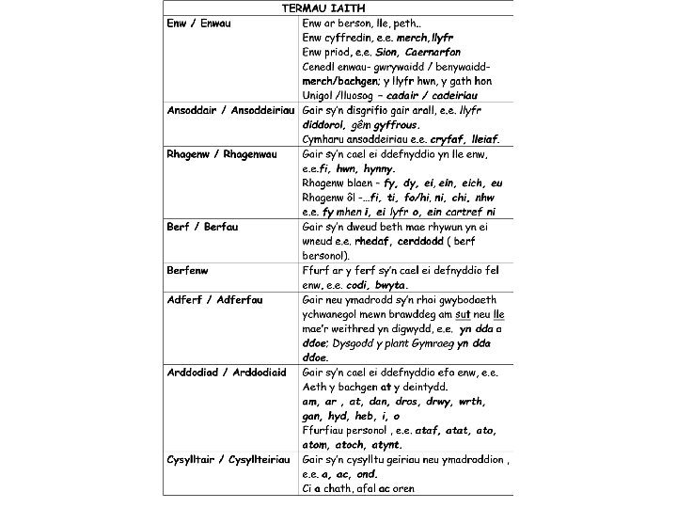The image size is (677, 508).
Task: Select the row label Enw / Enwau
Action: click(x=199, y=22)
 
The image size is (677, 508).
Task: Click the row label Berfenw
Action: click(x=187, y=270)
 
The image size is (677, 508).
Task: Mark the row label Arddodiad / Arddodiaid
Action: click(x=226, y=373)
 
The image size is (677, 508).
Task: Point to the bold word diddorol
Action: click(x=323, y=124)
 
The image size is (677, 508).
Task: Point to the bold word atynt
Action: click(x=385, y=445)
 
